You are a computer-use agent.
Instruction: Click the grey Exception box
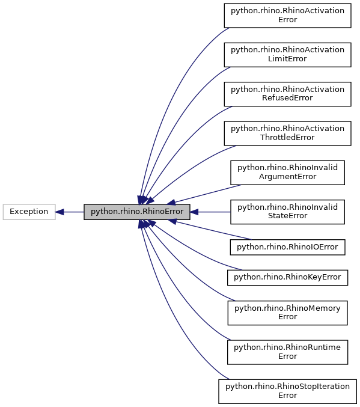click(x=29, y=212)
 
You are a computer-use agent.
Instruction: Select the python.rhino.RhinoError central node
click(x=137, y=212)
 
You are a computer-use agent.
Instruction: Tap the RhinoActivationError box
click(x=287, y=15)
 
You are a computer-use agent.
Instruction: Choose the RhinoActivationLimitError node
click(x=287, y=54)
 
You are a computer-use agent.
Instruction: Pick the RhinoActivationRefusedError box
click(x=287, y=94)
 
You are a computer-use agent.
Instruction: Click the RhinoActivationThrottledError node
click(x=287, y=133)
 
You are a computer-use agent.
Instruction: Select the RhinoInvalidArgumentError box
click(x=287, y=172)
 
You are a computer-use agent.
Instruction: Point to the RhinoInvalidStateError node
click(x=287, y=212)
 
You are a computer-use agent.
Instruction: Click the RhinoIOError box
click(x=287, y=246)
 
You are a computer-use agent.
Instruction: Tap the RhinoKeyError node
click(x=287, y=277)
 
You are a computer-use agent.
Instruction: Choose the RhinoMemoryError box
click(x=287, y=313)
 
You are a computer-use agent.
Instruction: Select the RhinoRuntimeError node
click(x=287, y=352)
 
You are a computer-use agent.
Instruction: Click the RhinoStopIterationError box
click(x=287, y=391)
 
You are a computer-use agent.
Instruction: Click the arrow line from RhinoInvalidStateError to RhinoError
click(x=213, y=212)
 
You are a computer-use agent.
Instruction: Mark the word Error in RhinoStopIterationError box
click(x=287, y=396)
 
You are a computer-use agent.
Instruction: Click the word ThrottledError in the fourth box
click(x=287, y=138)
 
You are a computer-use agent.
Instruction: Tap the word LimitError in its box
click(x=287, y=59)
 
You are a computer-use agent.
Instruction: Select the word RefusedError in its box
click(x=287, y=99)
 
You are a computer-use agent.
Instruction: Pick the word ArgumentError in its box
click(x=287, y=177)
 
